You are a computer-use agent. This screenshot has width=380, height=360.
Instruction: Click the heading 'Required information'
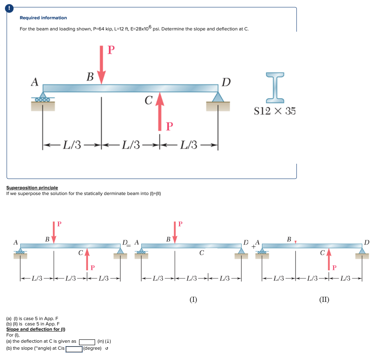43,18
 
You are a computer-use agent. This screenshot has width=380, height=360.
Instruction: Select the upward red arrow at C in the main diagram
159,111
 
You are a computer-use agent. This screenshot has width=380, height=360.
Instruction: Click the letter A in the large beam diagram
35,82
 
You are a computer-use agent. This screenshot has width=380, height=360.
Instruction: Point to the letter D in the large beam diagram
226,82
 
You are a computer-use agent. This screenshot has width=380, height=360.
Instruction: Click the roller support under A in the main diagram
43,100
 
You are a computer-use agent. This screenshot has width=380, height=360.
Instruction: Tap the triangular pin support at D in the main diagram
218,97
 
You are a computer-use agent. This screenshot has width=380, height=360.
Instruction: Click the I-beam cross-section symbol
275,87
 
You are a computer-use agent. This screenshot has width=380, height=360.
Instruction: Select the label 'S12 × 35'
275,111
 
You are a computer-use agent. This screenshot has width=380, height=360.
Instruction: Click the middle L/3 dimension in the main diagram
131,144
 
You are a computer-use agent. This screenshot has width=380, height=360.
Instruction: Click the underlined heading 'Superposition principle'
32,188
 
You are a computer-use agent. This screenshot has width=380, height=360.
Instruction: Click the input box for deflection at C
87,341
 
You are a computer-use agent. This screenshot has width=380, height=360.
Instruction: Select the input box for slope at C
74,349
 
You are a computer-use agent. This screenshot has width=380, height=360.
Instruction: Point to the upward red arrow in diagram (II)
329,260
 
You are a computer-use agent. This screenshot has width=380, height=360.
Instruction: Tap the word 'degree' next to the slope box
93,349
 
